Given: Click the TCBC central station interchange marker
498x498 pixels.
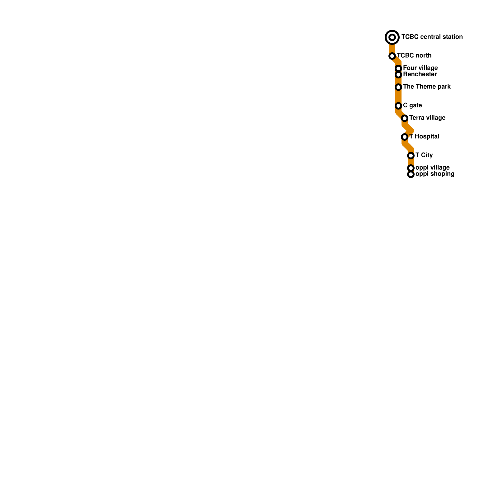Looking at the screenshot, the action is click(392, 37).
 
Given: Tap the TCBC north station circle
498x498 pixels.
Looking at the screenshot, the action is click(392, 56).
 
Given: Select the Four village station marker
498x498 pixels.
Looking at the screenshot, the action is click(398, 68).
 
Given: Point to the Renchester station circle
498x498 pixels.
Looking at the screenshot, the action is click(398, 75).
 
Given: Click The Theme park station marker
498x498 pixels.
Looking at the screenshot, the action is click(398, 87).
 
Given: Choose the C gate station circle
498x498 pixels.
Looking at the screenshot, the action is click(398, 106).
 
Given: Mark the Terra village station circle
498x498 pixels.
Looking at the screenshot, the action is click(405, 118).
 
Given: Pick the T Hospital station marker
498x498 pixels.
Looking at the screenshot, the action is click(405, 137).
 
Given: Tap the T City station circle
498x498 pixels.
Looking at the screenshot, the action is click(411, 156).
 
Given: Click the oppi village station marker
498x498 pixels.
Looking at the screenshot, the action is click(411, 168).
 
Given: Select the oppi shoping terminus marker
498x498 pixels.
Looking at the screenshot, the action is click(411, 174).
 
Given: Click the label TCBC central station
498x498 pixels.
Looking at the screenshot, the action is click(432, 37).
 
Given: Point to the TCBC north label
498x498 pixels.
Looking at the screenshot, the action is click(414, 56).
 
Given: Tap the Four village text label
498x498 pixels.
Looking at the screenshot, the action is click(420, 68).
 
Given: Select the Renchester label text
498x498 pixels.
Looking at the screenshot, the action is click(420, 74).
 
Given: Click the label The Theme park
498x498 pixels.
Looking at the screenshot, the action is click(427, 87).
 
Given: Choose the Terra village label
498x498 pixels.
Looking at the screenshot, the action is click(427, 118).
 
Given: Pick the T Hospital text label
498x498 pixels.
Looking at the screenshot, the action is click(424, 137).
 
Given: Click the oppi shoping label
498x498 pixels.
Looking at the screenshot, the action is click(435, 174).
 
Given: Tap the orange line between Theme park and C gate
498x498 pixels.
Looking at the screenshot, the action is click(398, 96).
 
